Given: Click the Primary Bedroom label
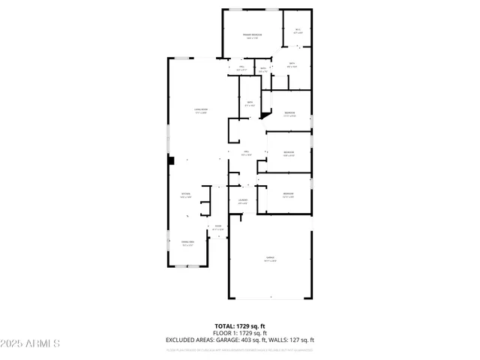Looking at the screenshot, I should coord(252,36).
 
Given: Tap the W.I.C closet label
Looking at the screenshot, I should coord(298,31).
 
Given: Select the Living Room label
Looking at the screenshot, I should coord(201,111).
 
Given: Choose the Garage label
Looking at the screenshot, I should coord(270,259).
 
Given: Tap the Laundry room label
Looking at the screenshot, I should coord(243,201).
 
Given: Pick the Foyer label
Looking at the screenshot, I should coord(217,227).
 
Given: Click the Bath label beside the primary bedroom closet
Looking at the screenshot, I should coord(292,64).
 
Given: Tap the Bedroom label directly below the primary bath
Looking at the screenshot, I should coord(289,114).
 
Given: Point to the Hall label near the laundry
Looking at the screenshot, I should coord(245,152).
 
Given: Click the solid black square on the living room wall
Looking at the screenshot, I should coord(172,160).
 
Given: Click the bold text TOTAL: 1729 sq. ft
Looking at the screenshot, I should coord(240,326).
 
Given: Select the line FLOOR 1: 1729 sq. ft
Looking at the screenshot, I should coord(240,332).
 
